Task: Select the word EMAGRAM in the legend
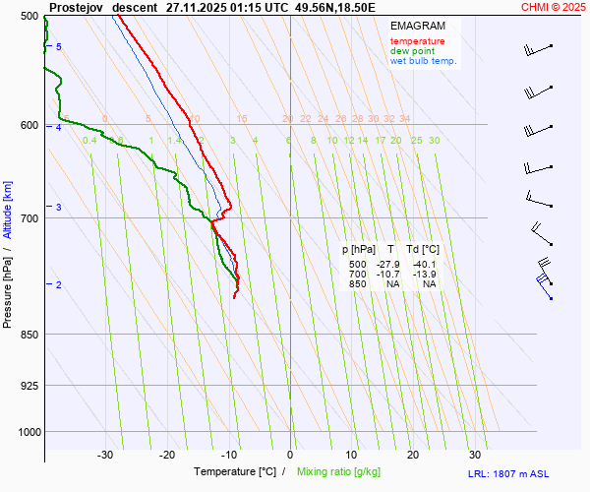pyautogui.click(x=416, y=25)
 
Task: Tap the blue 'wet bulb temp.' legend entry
pyautogui.click(x=424, y=61)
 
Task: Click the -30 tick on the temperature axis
pyautogui.click(x=105, y=455)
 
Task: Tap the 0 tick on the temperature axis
pyautogui.click(x=290, y=455)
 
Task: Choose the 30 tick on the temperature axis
pyautogui.click(x=475, y=455)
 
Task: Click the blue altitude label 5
pyautogui.click(x=59, y=47)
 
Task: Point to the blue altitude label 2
pyautogui.click(x=59, y=285)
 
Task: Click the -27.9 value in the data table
pyautogui.click(x=389, y=265)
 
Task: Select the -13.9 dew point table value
pyautogui.click(x=425, y=275)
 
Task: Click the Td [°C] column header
pyautogui.click(x=423, y=251)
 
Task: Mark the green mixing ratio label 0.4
pyautogui.click(x=89, y=141)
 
